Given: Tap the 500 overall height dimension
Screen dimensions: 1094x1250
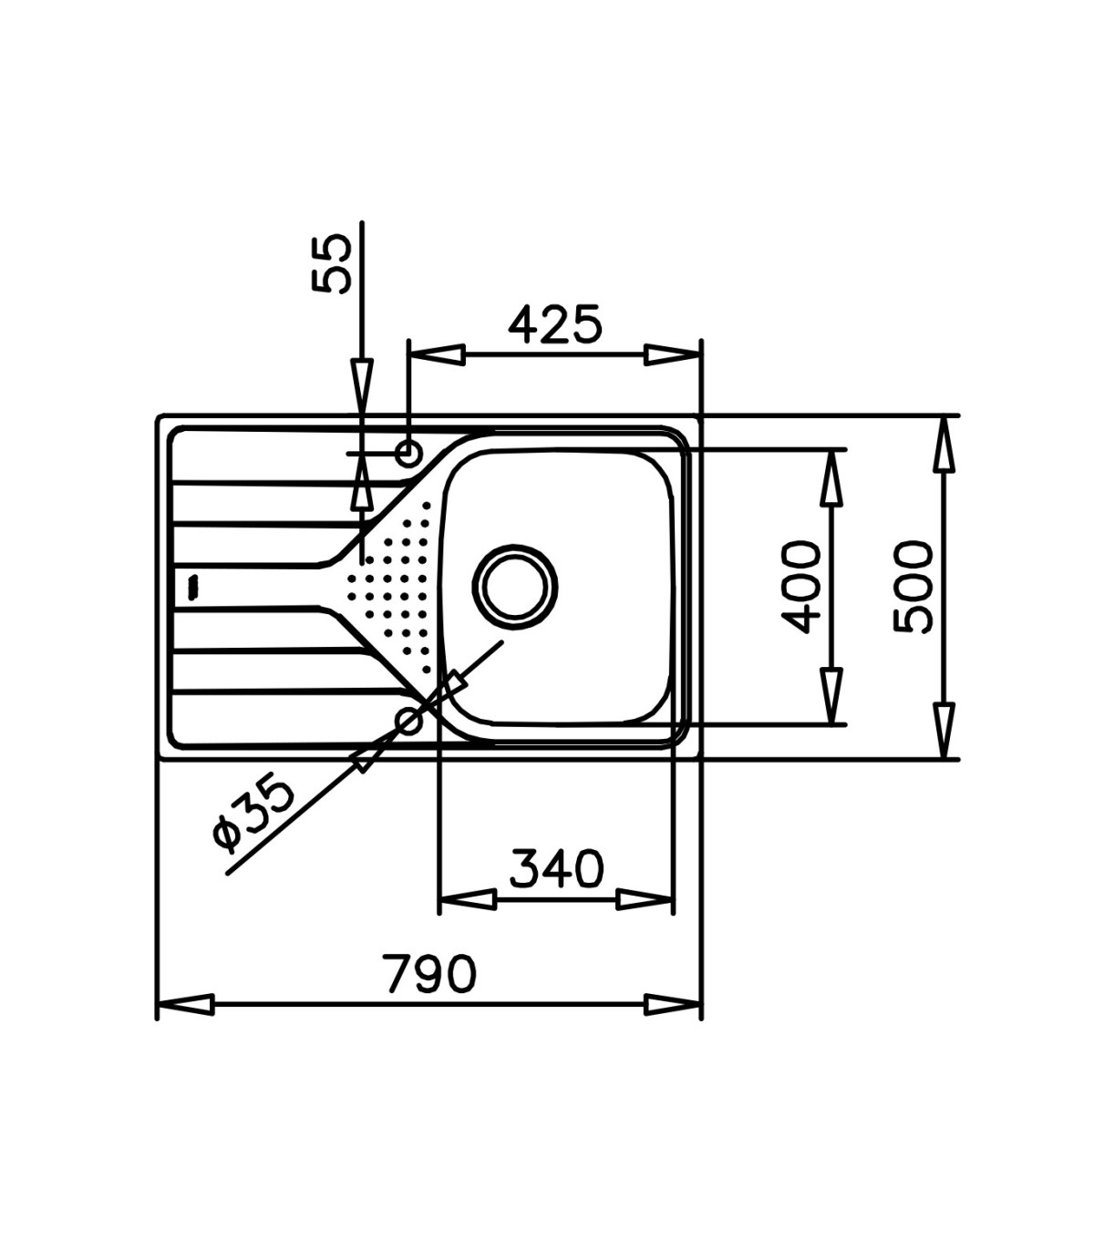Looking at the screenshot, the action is pos(913,587).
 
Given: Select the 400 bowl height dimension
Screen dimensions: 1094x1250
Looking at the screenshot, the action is pos(802,587).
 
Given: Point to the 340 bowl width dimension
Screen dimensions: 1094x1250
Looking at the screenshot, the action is pos(556,868).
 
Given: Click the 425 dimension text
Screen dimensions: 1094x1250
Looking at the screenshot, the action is pos(555,323).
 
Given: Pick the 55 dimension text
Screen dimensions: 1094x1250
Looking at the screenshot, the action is pos(332,264).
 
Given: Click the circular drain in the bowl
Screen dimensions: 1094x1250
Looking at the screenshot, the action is pos(514,587).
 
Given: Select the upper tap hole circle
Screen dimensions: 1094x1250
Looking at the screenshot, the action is pos(408,454).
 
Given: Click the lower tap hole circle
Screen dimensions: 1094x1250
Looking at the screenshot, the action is pos(408,722).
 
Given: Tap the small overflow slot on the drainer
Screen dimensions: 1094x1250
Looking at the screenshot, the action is pos(194,587).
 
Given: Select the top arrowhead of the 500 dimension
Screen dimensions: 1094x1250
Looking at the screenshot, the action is pos(944,445).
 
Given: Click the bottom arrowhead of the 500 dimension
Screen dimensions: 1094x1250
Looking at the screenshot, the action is pos(944,731).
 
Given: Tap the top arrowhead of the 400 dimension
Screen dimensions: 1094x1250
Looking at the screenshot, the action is pos(831,478).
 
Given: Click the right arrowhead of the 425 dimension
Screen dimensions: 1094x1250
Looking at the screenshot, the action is pos(673,355).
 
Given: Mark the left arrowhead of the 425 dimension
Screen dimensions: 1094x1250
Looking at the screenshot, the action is pos(437,355).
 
